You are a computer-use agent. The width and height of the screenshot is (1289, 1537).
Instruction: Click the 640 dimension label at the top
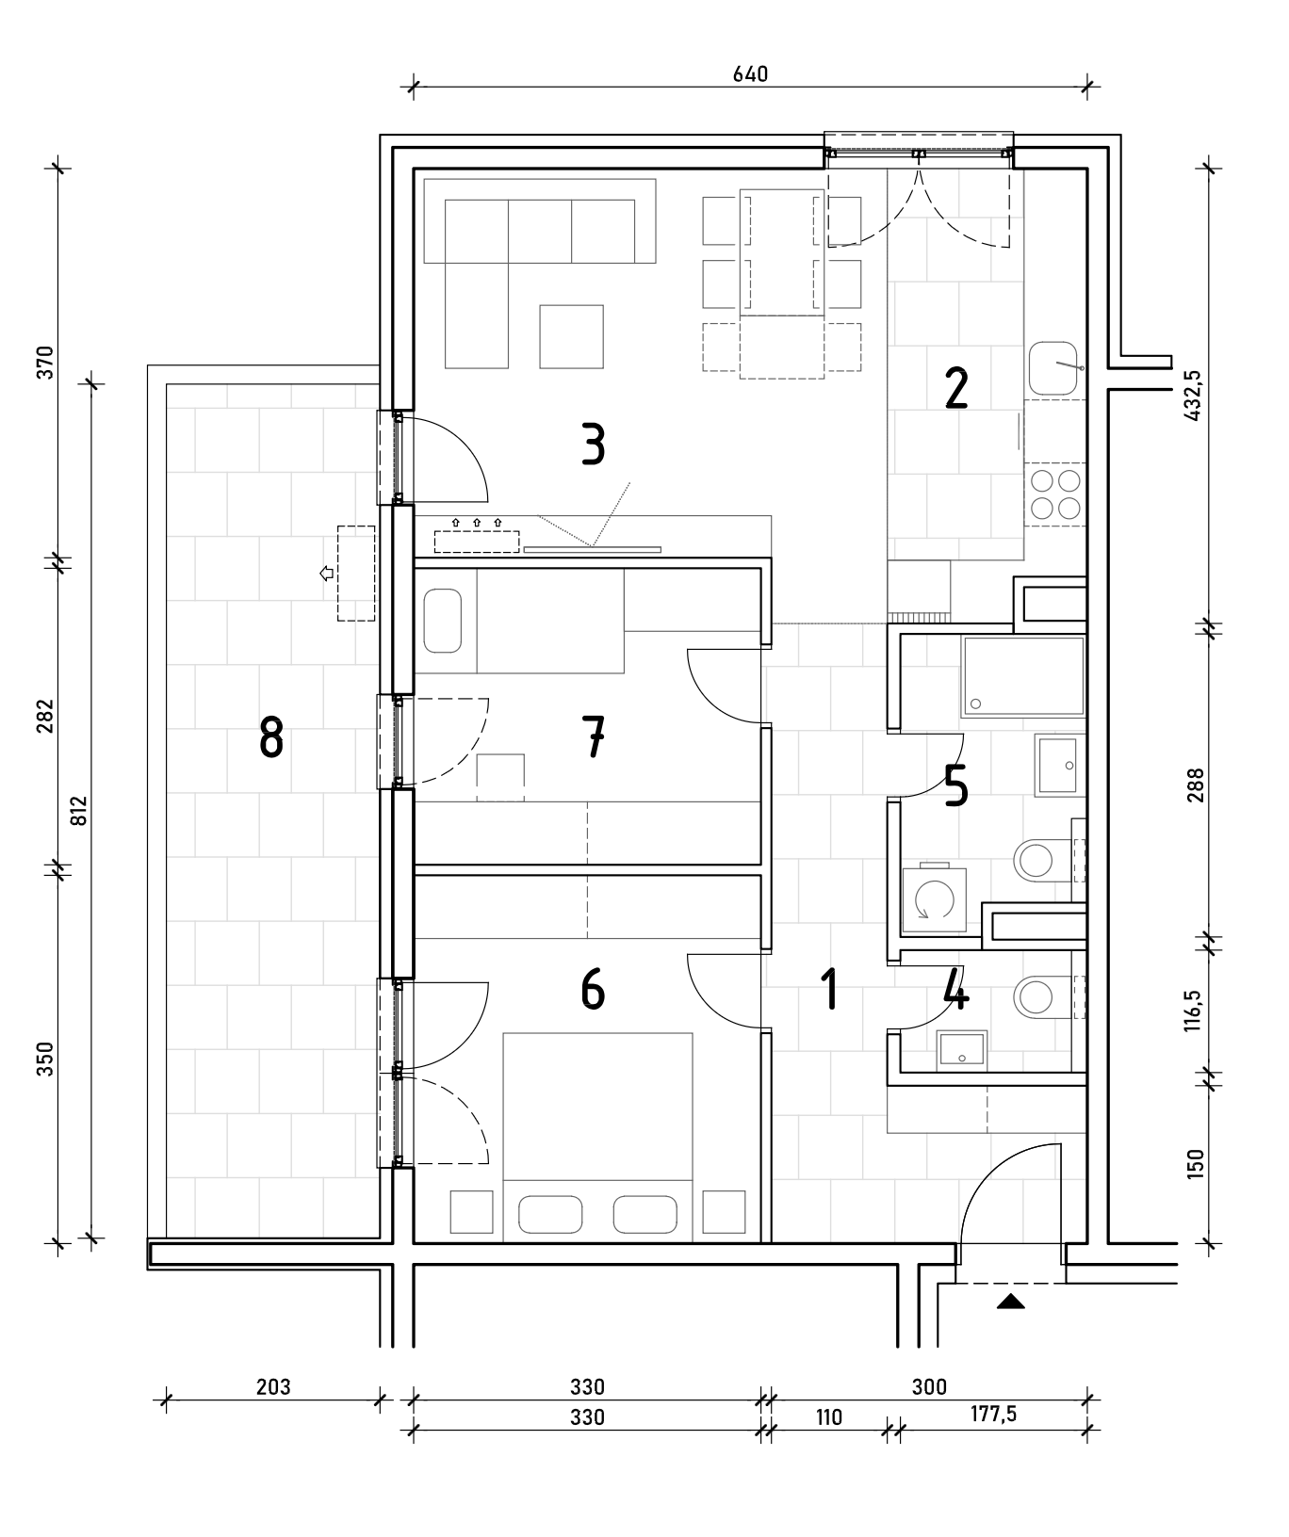750,73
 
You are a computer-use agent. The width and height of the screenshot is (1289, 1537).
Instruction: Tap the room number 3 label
593,445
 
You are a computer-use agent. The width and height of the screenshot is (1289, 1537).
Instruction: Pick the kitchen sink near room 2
1055,368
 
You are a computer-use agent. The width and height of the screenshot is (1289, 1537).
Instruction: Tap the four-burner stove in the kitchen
1055,494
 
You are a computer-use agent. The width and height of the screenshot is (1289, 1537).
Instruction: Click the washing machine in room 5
933,900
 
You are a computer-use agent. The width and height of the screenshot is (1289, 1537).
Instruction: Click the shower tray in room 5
1023,676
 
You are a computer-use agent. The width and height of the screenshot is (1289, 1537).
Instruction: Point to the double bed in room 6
598,1137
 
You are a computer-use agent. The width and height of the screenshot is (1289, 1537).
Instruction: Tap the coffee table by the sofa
571,336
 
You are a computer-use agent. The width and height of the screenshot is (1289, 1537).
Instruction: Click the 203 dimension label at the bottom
272,1386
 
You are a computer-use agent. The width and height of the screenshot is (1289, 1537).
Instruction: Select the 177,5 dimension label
993,1415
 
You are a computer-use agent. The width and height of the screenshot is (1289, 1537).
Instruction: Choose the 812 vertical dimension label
78,811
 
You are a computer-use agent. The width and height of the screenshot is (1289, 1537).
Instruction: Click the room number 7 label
593,736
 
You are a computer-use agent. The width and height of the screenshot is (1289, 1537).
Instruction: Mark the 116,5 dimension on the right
1195,1011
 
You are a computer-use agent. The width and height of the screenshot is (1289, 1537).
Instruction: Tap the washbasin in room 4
962,1049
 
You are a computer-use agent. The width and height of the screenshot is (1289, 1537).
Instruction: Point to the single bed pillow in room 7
443,621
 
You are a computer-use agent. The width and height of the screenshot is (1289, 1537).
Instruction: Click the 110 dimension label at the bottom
828,1416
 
